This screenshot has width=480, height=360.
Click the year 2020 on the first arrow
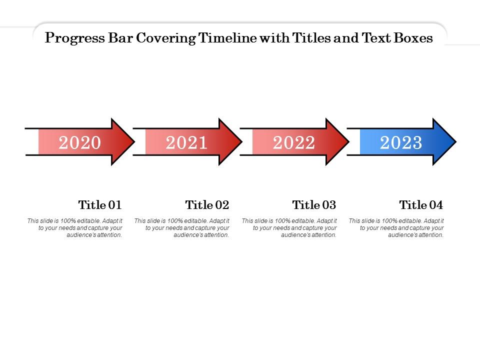80,143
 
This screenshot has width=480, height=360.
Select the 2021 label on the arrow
186,143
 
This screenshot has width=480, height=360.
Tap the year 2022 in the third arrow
294,143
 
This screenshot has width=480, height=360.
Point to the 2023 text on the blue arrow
401,143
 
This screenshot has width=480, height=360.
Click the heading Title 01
100,205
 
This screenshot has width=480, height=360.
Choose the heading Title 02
207,205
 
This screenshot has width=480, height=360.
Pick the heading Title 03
314,205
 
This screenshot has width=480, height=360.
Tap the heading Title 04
421,205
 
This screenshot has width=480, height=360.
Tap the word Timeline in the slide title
227,38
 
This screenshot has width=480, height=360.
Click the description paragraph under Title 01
75,227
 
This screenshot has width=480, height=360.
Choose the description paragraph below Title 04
396,227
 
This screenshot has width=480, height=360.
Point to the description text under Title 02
182,227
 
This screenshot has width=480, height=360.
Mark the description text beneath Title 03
289,227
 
